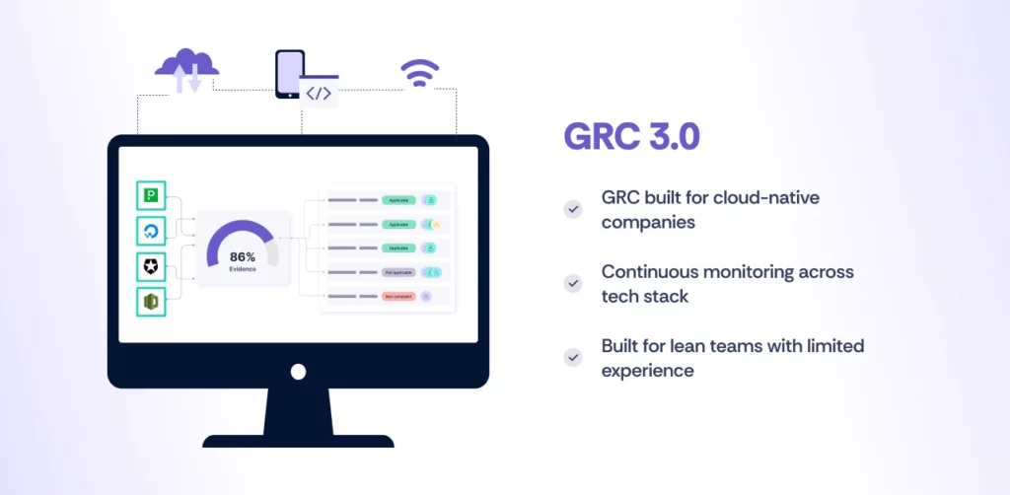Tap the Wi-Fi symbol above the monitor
[x=419, y=73]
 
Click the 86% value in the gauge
[x=243, y=255]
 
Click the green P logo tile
[x=152, y=195]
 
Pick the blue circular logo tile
[x=152, y=231]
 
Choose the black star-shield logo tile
[x=152, y=266]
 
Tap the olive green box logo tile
[x=152, y=302]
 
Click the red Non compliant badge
[x=397, y=296]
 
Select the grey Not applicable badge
[x=397, y=272]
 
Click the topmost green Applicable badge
[x=397, y=200]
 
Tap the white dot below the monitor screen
[x=298, y=372]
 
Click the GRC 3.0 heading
[x=631, y=136]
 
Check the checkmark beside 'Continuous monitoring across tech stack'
[x=572, y=283]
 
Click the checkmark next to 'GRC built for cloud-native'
[x=572, y=209]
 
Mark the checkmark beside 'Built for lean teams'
[x=572, y=357]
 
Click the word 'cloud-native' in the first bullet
[x=769, y=197]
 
